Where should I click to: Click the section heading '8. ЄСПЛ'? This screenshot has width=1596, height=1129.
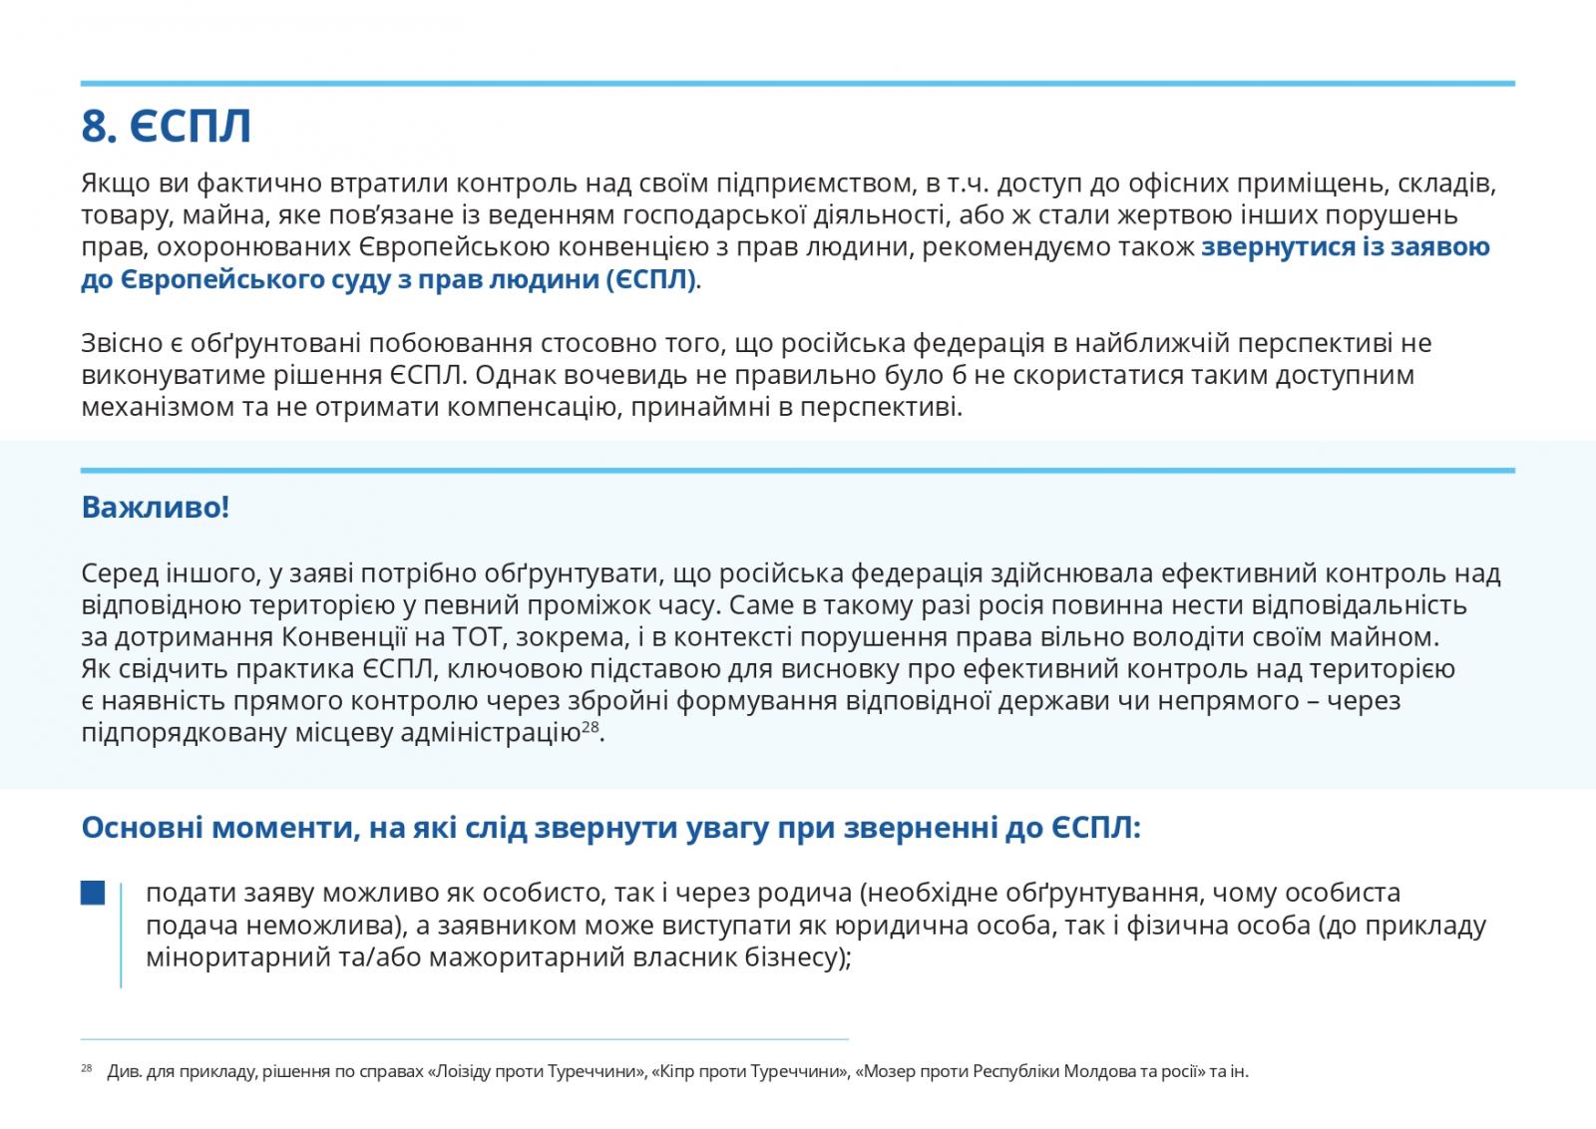click(166, 127)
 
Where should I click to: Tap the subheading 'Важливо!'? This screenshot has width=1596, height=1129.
click(155, 507)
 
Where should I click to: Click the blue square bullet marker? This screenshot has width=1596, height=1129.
click(93, 893)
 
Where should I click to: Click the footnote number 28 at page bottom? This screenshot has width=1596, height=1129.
click(85, 1068)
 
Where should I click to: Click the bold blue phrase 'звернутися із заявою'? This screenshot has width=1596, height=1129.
click(1346, 247)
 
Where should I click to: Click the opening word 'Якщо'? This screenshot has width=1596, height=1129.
click(113, 184)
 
